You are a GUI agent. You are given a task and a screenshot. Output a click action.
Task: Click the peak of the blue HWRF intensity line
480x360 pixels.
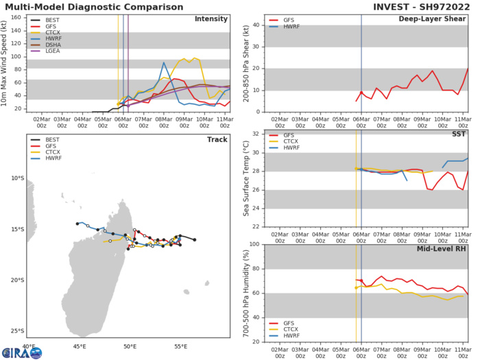(164, 63)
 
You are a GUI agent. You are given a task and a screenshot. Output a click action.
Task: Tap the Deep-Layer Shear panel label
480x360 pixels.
(437, 19)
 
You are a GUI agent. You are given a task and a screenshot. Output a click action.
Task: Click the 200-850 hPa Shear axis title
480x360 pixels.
(243, 63)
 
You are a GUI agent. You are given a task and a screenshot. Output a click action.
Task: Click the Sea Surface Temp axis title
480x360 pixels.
(243, 180)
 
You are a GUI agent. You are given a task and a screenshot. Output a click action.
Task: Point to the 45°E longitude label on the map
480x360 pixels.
(79, 348)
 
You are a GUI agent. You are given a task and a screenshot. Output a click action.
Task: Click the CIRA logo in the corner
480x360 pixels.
(21, 352)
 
